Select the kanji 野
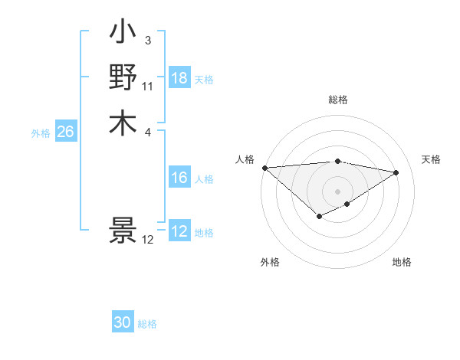click(x=123, y=77)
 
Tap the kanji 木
click(x=123, y=123)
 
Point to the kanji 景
click(x=123, y=231)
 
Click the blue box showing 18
click(x=179, y=78)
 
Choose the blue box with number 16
click(x=179, y=178)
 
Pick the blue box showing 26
click(x=65, y=132)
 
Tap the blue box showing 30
click(x=123, y=322)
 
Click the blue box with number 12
click(x=179, y=231)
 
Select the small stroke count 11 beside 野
click(x=148, y=86)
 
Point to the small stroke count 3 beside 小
click(x=148, y=40)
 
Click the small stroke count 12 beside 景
click(x=148, y=240)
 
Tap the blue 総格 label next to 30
click(x=147, y=324)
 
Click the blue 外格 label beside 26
click(x=41, y=133)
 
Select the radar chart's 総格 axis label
click(x=338, y=100)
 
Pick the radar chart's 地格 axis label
click(x=402, y=262)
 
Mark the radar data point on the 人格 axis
click(x=264, y=168)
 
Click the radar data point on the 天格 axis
click(x=396, y=173)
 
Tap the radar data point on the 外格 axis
click(x=319, y=218)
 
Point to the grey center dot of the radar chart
click(x=338, y=191)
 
